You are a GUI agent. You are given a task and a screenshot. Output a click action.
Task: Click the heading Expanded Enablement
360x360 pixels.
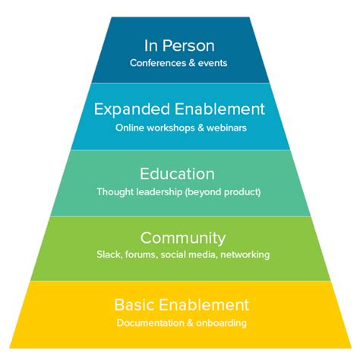(x=179, y=109)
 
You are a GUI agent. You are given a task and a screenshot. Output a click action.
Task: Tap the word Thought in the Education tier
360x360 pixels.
(x=113, y=192)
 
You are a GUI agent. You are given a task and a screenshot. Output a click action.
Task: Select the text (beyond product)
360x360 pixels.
(x=227, y=192)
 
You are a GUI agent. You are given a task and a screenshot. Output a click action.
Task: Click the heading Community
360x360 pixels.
(x=179, y=238)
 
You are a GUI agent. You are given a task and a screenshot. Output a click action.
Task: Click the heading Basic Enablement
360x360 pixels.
(x=181, y=305)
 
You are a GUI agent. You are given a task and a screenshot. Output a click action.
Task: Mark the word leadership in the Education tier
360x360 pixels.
(x=159, y=192)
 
